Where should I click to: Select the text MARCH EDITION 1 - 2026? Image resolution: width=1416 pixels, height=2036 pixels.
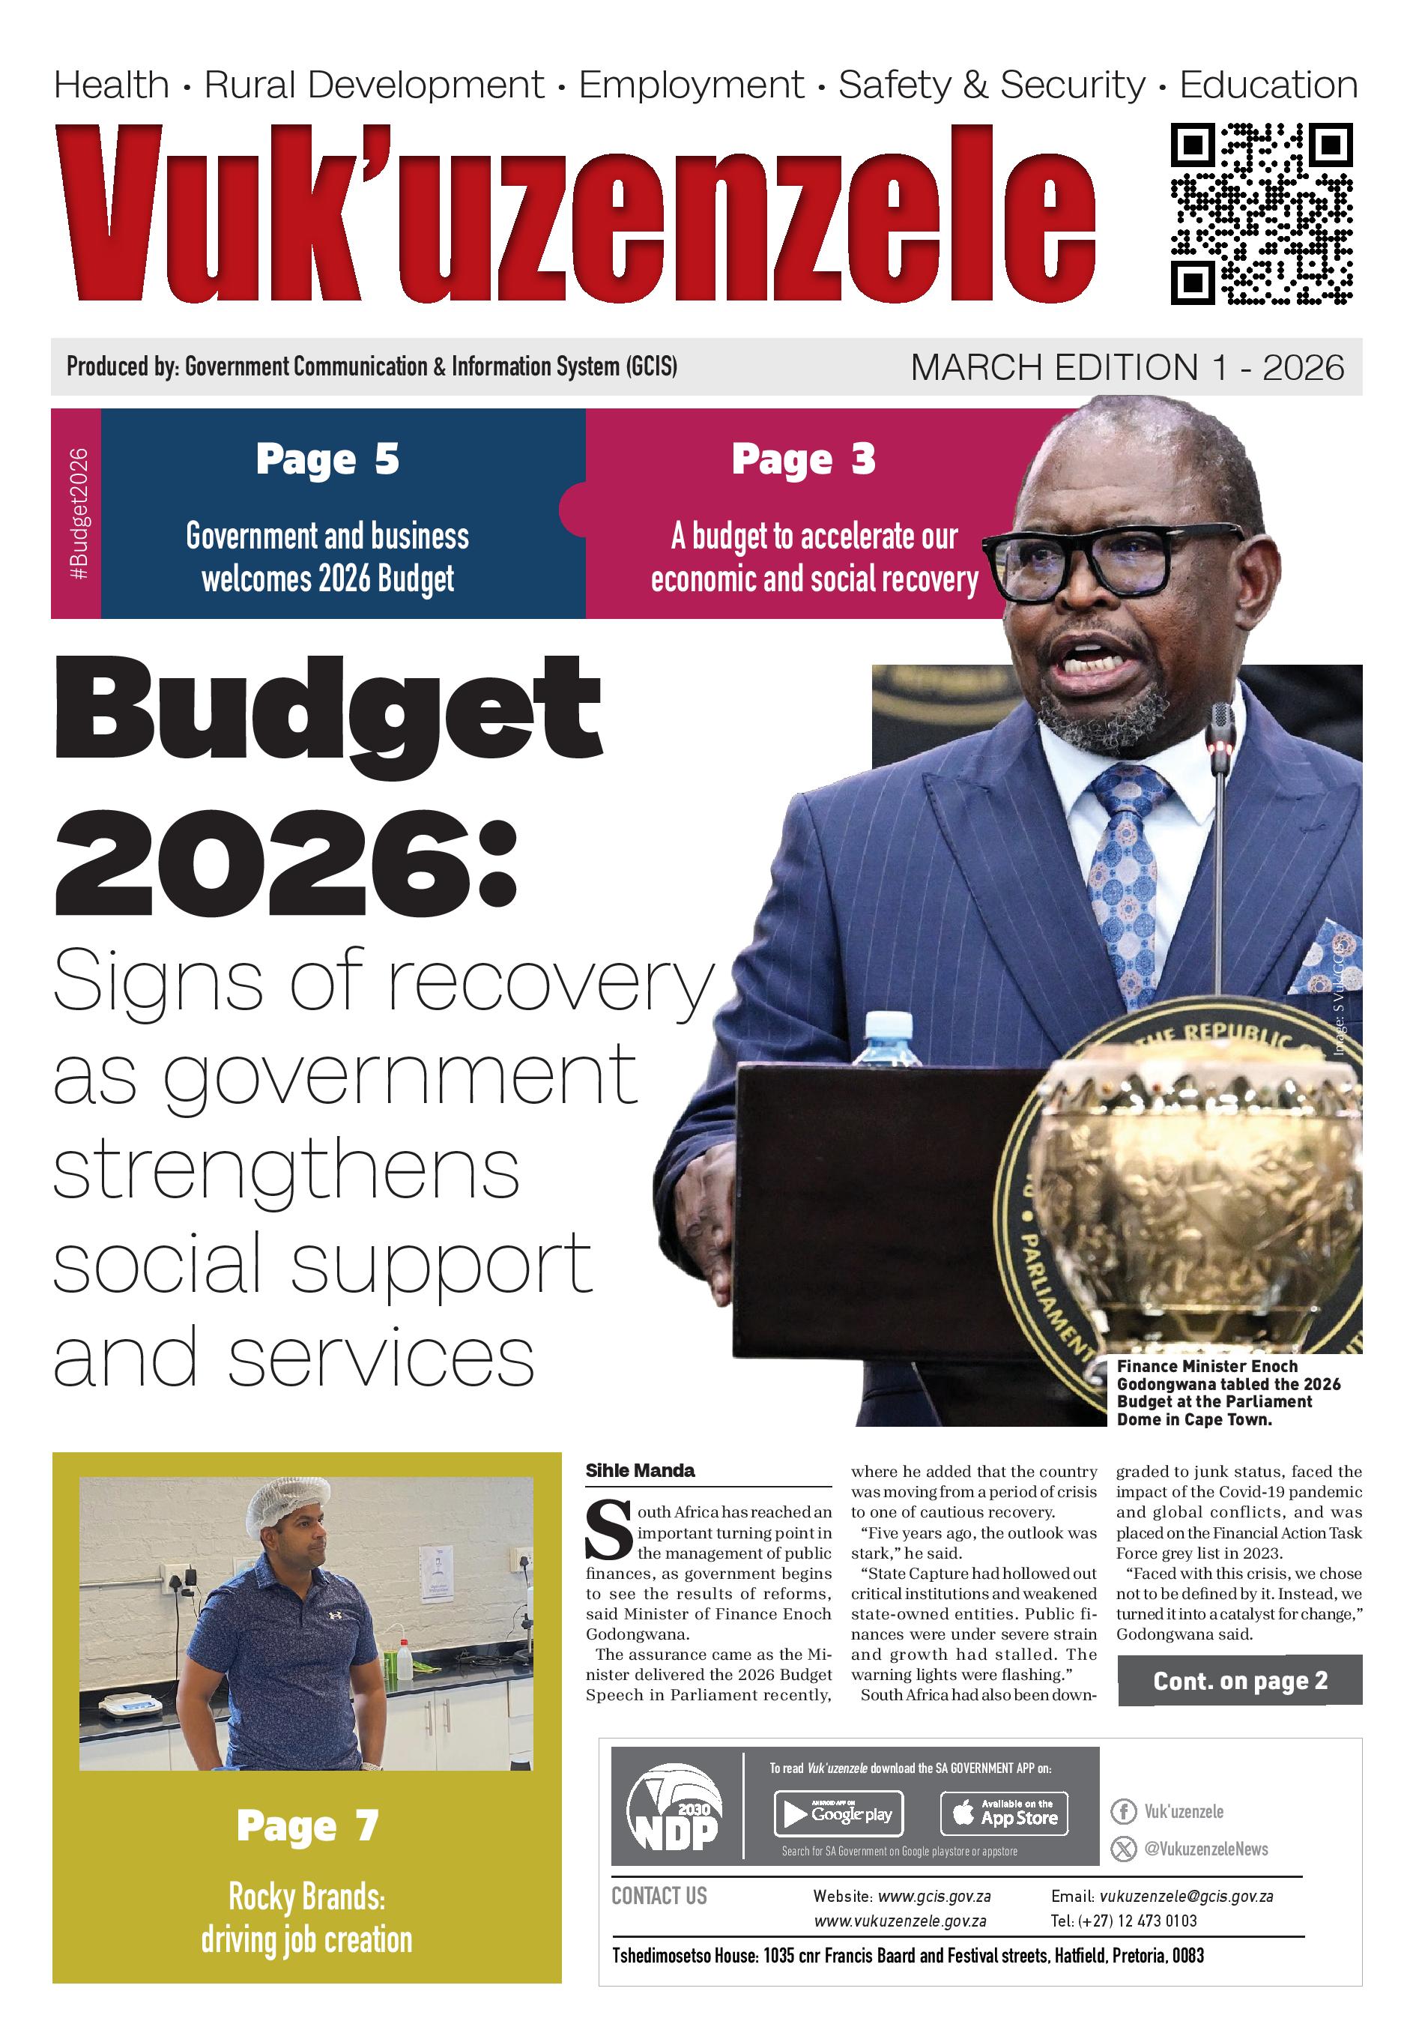(x=1126, y=367)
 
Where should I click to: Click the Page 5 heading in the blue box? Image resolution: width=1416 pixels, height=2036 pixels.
(x=327, y=459)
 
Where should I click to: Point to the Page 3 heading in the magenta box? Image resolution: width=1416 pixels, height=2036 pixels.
(x=803, y=459)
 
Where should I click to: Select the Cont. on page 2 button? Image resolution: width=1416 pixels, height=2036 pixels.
(x=1238, y=1680)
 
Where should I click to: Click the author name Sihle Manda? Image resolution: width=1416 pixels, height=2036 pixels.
(x=639, y=1470)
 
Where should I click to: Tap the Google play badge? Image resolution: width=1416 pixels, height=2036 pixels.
(x=838, y=1814)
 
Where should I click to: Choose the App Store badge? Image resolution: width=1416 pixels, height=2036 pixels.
(x=1004, y=1814)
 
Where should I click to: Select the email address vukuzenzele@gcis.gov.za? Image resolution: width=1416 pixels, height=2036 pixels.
(x=1185, y=1897)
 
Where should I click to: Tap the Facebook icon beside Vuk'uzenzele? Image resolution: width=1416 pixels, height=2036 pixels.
(x=1122, y=1812)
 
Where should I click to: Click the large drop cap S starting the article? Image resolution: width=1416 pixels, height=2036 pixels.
(x=608, y=1529)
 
